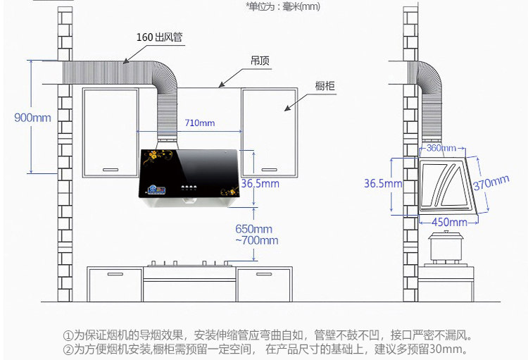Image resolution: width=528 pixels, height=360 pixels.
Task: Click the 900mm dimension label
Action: click(x=32, y=118)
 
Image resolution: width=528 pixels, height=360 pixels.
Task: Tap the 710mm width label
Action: click(x=199, y=123)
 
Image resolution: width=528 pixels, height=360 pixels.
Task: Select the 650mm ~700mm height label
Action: click(x=256, y=235)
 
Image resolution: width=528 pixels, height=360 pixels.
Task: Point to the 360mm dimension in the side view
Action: click(x=441, y=148)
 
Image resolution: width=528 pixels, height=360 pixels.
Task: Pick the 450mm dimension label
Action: click(x=448, y=223)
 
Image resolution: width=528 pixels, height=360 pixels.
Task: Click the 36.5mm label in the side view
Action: click(x=382, y=184)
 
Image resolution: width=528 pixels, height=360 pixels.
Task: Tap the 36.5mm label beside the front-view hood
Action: click(x=260, y=184)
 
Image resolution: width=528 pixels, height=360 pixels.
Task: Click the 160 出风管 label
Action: click(x=160, y=37)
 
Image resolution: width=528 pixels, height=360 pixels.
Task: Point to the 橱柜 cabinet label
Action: click(x=325, y=86)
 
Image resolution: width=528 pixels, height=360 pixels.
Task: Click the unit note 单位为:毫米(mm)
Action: click(x=283, y=6)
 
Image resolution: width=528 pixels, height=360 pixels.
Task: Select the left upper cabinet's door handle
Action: click(x=111, y=168)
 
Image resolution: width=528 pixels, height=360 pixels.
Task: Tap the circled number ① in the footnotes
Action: click(x=68, y=335)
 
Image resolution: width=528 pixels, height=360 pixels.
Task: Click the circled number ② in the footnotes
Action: click(x=68, y=349)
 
